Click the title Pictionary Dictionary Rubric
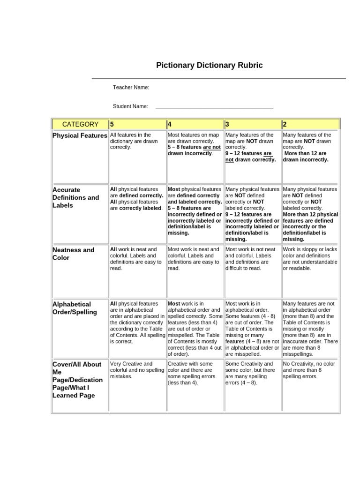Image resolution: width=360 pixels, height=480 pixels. [209, 65]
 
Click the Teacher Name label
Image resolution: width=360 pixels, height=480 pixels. [131, 87]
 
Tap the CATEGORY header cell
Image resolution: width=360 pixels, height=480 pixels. [80, 124]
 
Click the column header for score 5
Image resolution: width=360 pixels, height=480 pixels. [137, 124]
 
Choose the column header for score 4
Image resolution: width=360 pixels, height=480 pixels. [195, 124]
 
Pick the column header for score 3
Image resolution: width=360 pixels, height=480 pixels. [253, 124]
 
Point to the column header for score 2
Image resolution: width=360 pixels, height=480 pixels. [310, 124]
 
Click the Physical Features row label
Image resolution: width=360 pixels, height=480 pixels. [80, 136]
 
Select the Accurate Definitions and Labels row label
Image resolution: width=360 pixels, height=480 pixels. [76, 197]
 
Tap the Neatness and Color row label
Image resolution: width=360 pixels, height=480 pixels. [74, 254]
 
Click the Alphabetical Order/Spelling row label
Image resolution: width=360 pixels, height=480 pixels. [75, 308]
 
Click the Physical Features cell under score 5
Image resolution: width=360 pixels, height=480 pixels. [137, 141]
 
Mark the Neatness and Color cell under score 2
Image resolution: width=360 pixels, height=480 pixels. [310, 259]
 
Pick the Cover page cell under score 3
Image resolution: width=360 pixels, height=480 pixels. [253, 373]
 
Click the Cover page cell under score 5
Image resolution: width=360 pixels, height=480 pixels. [137, 370]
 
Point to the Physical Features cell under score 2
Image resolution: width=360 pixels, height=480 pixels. [310, 147]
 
